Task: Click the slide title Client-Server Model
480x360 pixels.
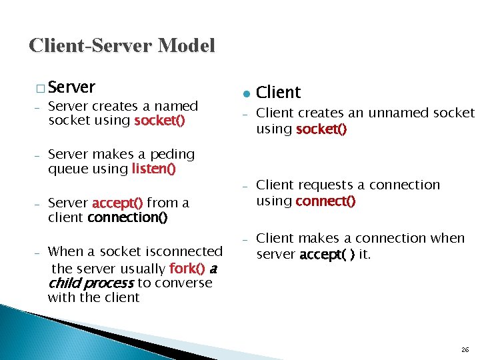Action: [122, 45]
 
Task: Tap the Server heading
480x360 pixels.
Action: [72, 87]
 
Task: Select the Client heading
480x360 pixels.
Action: [279, 92]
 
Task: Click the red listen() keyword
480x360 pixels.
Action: [154, 169]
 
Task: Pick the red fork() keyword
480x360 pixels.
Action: [187, 269]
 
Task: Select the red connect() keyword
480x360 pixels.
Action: [325, 201]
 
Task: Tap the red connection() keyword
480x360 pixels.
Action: [127, 217]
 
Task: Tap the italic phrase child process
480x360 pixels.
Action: [91, 283]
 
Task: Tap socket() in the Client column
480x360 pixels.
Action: [321, 129]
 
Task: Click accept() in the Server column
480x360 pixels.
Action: [117, 203]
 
